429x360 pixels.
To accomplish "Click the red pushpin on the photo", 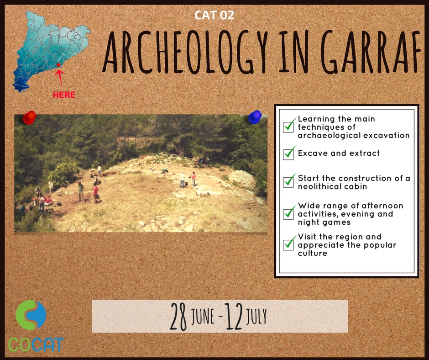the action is point(30,117).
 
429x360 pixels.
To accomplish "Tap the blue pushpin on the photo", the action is point(255,117).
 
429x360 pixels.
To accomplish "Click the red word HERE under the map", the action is point(64,95).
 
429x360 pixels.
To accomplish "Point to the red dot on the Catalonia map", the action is point(58,65).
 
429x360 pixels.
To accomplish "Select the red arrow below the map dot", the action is point(60,77).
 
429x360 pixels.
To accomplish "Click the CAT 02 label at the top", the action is point(214,16).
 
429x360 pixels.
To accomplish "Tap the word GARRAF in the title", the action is point(371,52).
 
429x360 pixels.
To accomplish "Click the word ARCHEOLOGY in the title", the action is point(186,52).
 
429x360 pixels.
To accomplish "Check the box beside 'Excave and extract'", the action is point(288,154).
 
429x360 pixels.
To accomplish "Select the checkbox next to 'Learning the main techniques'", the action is point(288,127).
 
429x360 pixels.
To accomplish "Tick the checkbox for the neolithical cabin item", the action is point(288,182).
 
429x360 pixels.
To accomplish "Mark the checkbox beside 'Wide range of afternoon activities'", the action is point(288,214).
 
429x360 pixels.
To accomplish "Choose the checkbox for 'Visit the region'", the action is point(288,244).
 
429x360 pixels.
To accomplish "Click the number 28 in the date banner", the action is point(178,317).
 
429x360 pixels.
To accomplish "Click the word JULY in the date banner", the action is point(256,317).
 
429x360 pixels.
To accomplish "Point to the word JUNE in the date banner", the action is point(203,317).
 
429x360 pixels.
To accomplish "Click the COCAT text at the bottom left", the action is point(36,344).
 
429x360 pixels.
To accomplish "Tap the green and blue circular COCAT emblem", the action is point(31,315).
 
